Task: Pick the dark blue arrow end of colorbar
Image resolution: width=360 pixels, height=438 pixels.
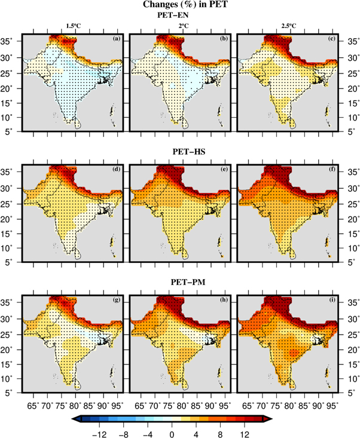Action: tap(75, 421)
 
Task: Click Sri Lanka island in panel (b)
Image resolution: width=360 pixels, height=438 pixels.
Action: tap(182, 122)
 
